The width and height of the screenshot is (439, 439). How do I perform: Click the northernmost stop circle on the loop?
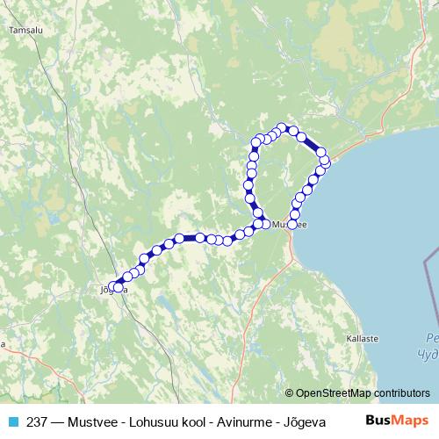pyautogui.click(x=282, y=127)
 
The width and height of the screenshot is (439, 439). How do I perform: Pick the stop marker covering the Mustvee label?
pyautogui.click(x=293, y=225)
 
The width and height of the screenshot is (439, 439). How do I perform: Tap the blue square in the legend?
pyautogui.click(x=12, y=421)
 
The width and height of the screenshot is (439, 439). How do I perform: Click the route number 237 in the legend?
pyautogui.click(x=36, y=421)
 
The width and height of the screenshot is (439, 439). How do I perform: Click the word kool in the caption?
pyautogui.click(x=176, y=421)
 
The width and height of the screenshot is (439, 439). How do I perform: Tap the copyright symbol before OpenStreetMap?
pyautogui.click(x=289, y=393)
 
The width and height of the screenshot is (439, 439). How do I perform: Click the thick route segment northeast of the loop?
pyautogui.click(x=312, y=144)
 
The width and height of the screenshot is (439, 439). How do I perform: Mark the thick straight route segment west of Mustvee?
pyautogui.click(x=189, y=237)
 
